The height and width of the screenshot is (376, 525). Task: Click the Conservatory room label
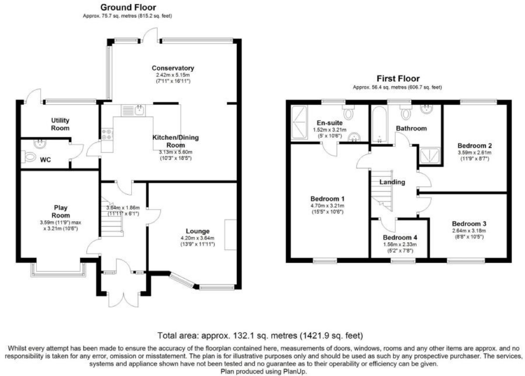pos(173,68)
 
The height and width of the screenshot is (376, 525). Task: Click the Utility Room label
pos(60,124)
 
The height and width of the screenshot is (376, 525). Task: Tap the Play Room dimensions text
pos(61,225)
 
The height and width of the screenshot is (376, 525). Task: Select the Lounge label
pos(198,231)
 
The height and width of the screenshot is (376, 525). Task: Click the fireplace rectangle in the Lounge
pos(230,235)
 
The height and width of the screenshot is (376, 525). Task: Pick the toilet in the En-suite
pos(348,112)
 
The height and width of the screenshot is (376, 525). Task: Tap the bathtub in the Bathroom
pos(379,124)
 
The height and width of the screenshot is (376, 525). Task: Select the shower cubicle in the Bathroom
pos(430,155)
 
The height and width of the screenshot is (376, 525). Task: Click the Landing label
pos(392,182)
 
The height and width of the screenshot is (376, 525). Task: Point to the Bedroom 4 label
pos(400,237)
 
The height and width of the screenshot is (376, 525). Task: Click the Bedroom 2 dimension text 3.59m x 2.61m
pos(474,153)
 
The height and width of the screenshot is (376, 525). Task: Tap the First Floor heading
pos(398,79)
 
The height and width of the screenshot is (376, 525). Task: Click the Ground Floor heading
pos(128,7)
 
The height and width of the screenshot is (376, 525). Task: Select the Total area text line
pos(260,336)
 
